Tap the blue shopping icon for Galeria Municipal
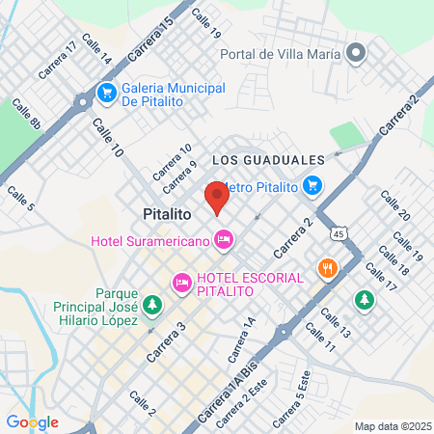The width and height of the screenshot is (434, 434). pos(105,95)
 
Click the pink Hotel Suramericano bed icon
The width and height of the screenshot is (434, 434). pos(224,237)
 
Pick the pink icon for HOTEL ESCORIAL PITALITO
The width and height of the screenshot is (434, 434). pos(180,283)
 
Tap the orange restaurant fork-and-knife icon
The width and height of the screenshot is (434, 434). pos(328,268)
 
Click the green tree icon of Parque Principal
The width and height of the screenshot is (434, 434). pos(150,306)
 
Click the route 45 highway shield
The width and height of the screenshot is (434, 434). pos(338,233)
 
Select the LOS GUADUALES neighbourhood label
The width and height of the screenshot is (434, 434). pos(265,159)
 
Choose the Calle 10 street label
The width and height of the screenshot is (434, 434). pos(108,138)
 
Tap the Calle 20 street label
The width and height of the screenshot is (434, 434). pos(394,205)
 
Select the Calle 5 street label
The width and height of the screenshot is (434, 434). pos(21,198)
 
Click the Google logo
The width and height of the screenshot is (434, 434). pos(32,421)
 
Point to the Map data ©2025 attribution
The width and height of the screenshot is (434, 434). pos(391,426)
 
